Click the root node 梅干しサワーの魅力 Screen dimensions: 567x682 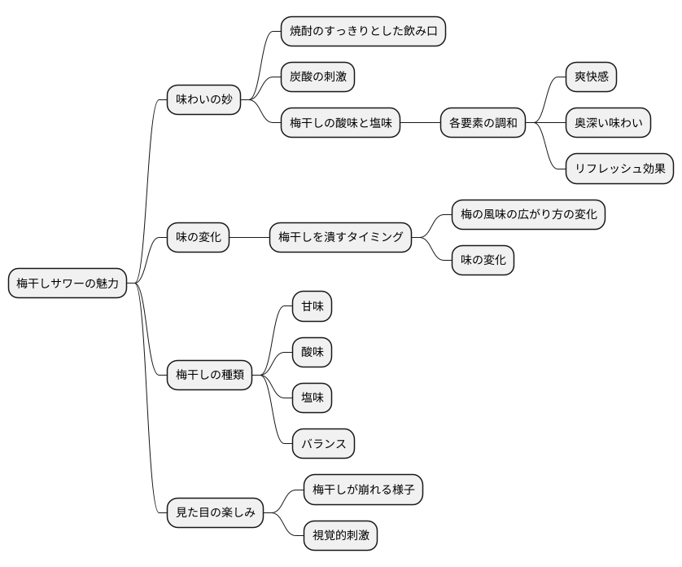click(68, 283)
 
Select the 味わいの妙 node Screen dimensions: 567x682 click(204, 100)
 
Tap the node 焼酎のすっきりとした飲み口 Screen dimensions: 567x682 click(363, 32)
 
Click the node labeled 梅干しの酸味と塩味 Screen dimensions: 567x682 click(340, 123)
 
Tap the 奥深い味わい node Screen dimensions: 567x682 click(609, 123)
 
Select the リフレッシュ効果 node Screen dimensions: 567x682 click(619, 169)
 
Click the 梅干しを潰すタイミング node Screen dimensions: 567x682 click(340, 237)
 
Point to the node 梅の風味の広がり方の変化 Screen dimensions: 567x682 click(528, 214)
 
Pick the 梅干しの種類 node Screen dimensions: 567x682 click(210, 375)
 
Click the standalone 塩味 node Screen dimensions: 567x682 click(313, 398)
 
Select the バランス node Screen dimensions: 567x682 click(323, 443)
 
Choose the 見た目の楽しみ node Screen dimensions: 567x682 click(215, 512)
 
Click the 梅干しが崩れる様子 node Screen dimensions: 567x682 click(363, 490)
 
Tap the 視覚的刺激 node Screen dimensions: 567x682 click(340, 535)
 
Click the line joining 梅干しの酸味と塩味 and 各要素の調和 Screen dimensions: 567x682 click(420, 123)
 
